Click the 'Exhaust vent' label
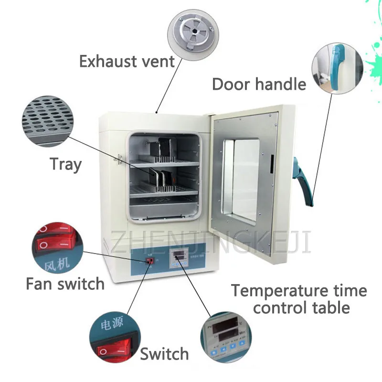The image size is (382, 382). (x=127, y=62)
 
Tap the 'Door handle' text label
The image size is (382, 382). (x=259, y=84)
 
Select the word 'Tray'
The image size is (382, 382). (x=66, y=164)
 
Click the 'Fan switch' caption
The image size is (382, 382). (x=65, y=284)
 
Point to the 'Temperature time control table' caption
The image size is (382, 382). (x=299, y=299)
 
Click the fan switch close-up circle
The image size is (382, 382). (x=54, y=246)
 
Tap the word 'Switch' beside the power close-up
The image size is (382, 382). (x=164, y=354)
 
